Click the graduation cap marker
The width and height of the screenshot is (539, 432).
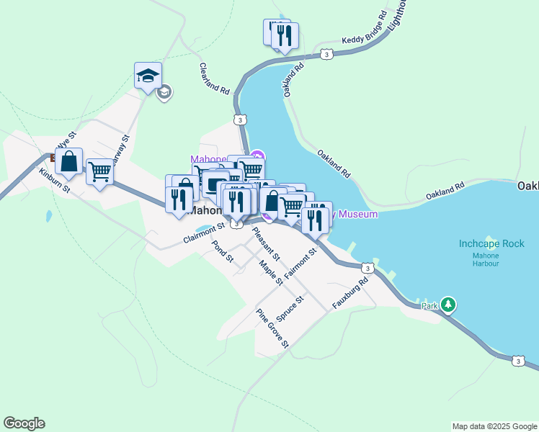148,76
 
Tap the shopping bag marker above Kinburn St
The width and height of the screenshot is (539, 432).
68,163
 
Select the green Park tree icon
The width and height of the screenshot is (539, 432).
449,305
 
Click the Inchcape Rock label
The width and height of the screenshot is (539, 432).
491,243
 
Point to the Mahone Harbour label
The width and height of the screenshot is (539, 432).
486,259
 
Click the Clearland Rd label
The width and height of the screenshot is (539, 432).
214,78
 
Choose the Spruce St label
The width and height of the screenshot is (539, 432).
290,308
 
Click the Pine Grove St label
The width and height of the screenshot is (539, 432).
272,328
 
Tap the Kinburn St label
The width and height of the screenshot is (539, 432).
54,181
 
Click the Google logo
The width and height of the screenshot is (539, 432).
24,423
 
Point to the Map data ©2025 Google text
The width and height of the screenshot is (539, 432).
494,426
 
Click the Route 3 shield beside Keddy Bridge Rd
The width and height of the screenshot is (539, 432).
327,54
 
